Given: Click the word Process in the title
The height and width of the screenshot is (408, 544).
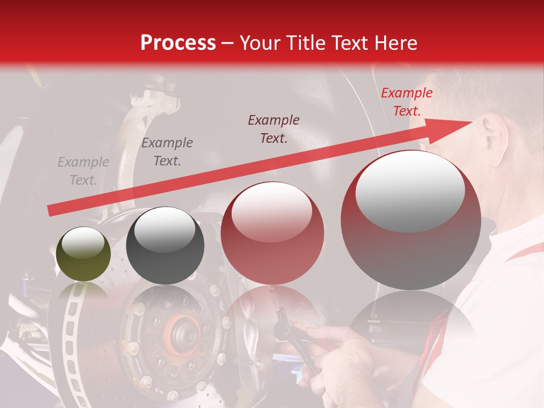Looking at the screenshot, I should click(178, 43).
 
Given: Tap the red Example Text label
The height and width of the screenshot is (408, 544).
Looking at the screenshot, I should click(406, 102).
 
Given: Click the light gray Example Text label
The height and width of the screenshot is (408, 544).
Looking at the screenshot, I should click(83, 171).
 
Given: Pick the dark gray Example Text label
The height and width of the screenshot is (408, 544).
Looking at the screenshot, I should click(167, 152).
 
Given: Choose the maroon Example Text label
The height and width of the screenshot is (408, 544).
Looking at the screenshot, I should click(274, 129).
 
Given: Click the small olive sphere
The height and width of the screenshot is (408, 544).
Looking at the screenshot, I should click(83, 254).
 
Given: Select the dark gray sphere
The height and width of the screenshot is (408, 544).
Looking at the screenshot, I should click(165, 245).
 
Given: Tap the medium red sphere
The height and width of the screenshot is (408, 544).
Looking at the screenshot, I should click(273, 233).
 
